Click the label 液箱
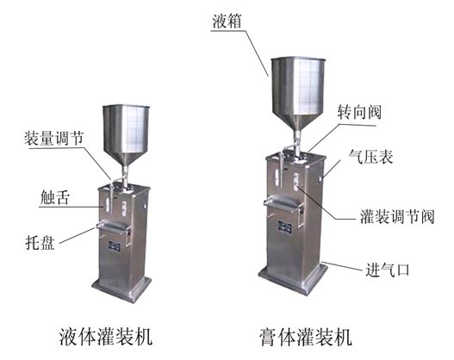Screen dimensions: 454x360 [227, 22]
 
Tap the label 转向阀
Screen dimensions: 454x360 [359, 112]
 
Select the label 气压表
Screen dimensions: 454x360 [371, 157]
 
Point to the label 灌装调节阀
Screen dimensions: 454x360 [397, 217]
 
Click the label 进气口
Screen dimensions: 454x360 [388, 270]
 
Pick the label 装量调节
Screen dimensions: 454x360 [54, 138]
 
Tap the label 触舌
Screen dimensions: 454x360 [55, 197]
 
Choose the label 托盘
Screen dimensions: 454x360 [40, 243]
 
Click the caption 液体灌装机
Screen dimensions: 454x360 [106, 337]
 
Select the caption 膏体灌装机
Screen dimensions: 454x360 [306, 337]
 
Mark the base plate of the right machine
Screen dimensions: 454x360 [292, 278]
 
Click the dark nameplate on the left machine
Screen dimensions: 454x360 [115, 246]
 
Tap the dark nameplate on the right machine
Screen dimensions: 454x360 [284, 227]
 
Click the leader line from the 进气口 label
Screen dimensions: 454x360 [342, 266]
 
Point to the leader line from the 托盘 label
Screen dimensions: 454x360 [78, 235]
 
